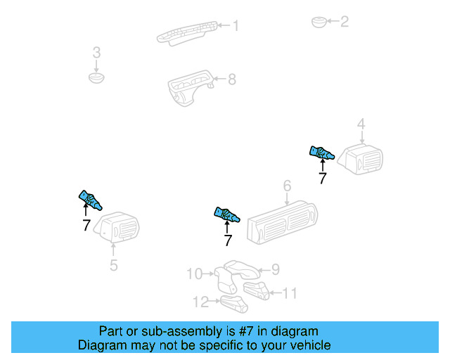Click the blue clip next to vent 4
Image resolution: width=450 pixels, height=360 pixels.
pyautogui.click(x=321, y=152)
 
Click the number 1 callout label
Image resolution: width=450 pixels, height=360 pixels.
pyautogui.click(x=236, y=26)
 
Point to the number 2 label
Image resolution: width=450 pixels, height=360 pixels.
pyautogui.click(x=344, y=22)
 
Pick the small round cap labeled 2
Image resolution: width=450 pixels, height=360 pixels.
pyautogui.click(x=319, y=22)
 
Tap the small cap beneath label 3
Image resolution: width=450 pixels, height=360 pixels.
pyautogui.click(x=96, y=76)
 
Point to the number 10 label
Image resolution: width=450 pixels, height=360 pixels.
pyautogui.click(x=194, y=274)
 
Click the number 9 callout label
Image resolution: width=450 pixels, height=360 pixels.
pyautogui.click(x=276, y=269)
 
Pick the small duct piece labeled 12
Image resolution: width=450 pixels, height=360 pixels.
pyautogui.click(x=234, y=304)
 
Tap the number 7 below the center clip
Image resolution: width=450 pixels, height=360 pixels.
pyautogui.click(x=227, y=240)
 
